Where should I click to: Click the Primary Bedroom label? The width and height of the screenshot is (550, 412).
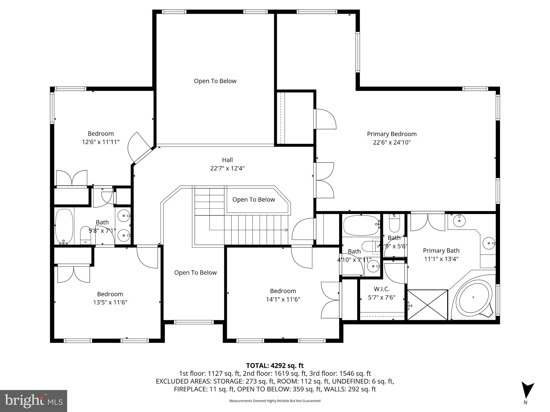[x=392, y=134]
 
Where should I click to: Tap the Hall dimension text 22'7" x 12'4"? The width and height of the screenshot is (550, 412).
[x=227, y=168]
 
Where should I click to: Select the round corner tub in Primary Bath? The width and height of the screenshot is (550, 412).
[x=473, y=297]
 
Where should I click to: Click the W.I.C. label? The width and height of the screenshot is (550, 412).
[x=381, y=289]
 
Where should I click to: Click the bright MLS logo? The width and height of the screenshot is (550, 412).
[x=33, y=401]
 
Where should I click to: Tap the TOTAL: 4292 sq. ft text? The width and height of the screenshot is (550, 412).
[x=275, y=365]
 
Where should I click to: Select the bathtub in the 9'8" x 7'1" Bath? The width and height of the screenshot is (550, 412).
[x=64, y=226]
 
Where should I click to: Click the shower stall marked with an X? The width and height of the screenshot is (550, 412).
[x=428, y=305]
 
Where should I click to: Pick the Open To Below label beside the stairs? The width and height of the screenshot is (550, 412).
[x=254, y=200]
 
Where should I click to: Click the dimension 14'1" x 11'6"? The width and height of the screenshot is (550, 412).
[x=283, y=299]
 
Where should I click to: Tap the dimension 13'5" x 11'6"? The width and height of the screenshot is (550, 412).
[x=110, y=302]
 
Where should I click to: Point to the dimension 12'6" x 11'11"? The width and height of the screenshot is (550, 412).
[x=100, y=142]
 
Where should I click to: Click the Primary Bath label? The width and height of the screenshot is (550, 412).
[x=441, y=251]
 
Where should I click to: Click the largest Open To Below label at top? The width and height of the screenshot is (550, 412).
[x=215, y=81]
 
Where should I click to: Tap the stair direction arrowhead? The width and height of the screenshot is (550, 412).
[x=286, y=230]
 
